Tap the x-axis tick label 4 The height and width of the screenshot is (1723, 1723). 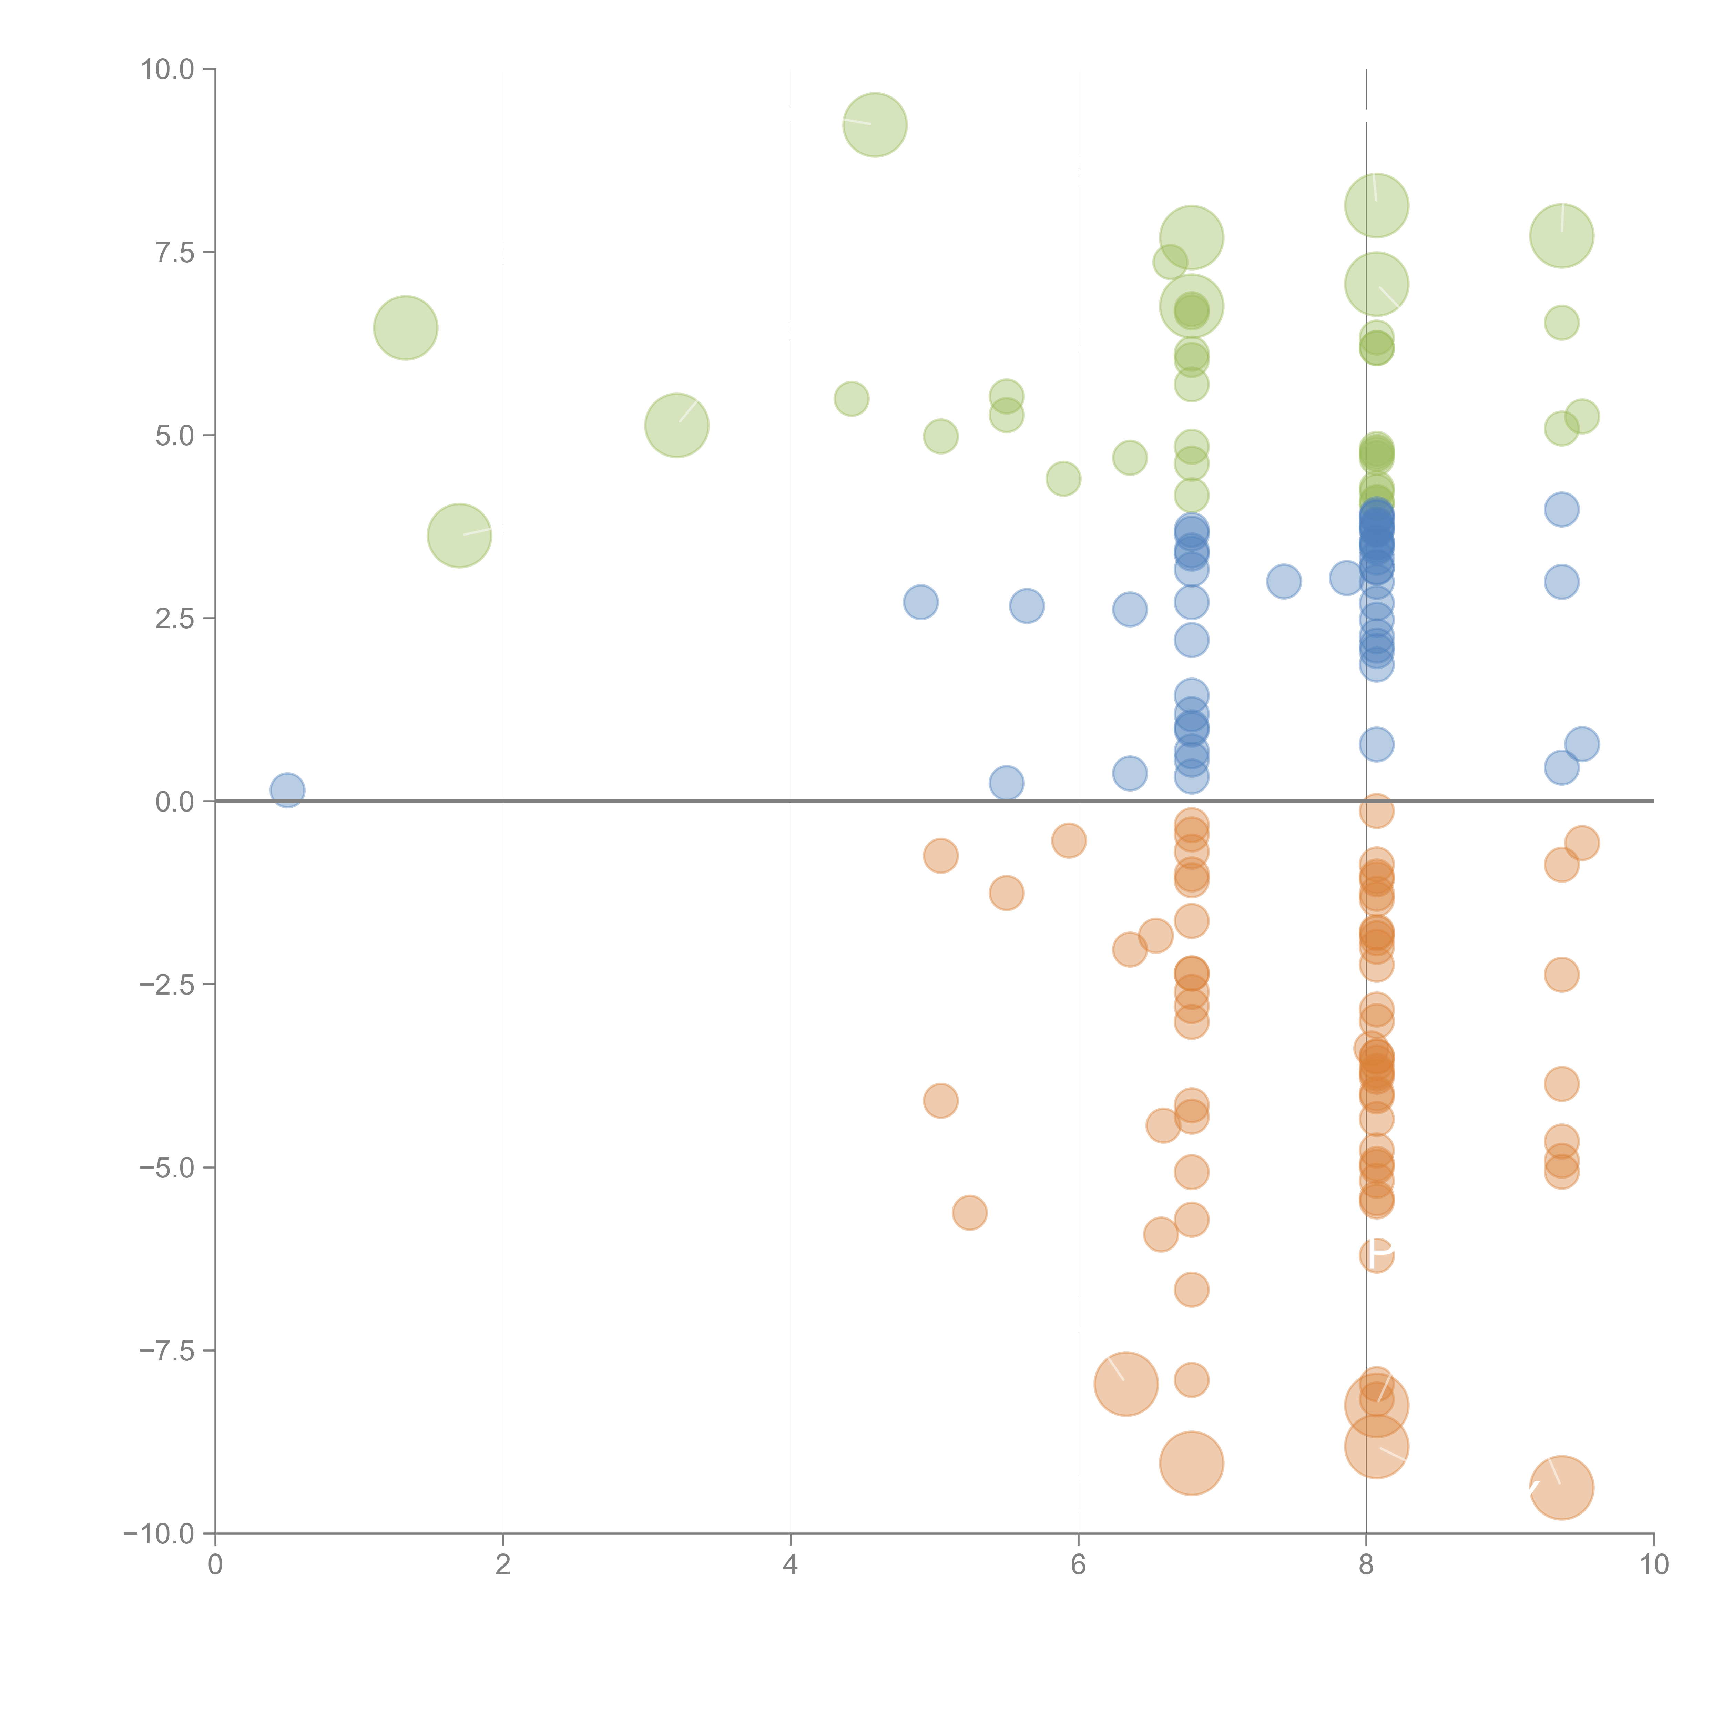coord(790,1565)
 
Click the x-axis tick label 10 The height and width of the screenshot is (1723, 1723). coord(1653,1565)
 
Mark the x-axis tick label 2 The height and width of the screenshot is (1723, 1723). coord(503,1565)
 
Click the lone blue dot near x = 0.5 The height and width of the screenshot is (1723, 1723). coord(287,790)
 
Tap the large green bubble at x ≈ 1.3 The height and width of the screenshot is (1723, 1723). coord(406,327)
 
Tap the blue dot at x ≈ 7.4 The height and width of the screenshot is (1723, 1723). coord(1283,581)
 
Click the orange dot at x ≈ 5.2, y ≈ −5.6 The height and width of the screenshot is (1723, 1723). coord(969,1213)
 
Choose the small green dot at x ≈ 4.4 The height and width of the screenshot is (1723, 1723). coord(852,399)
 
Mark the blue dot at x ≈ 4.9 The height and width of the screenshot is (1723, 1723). coord(920,602)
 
